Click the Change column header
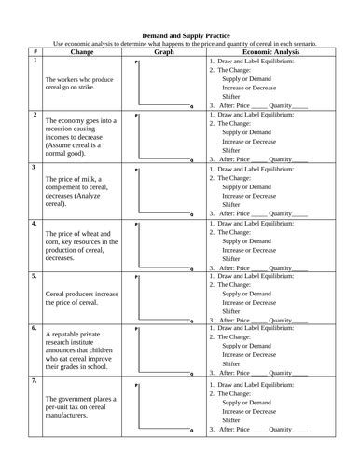77,51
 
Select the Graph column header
164,51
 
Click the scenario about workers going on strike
77,84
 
